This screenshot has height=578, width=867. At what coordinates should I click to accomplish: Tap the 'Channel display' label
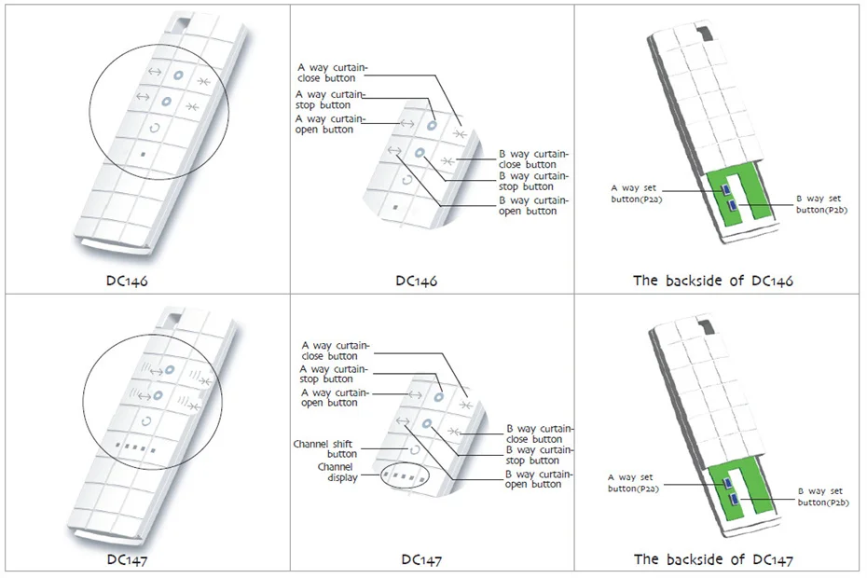point(336,472)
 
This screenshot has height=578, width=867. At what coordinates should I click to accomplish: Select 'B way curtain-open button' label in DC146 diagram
point(529,205)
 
